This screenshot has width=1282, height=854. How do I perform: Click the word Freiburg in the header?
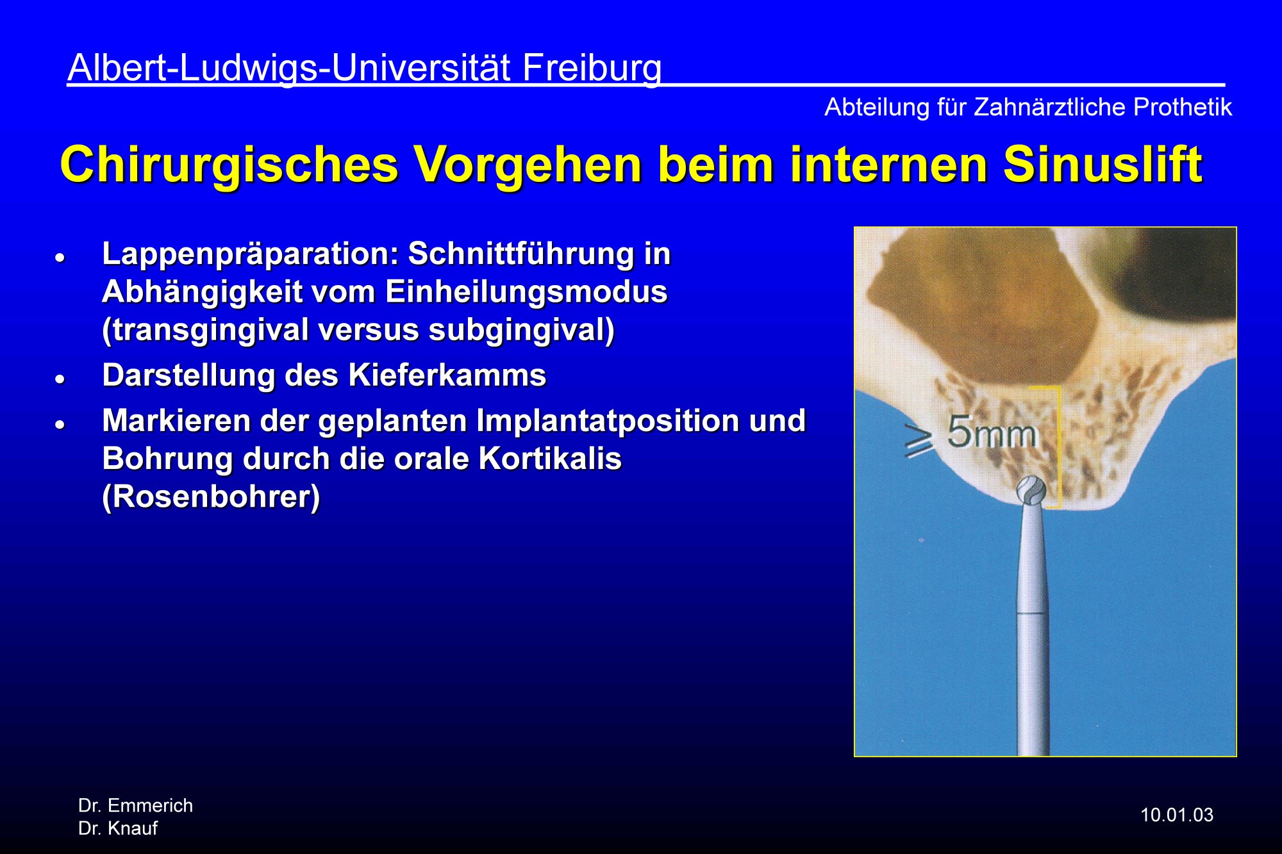(592, 69)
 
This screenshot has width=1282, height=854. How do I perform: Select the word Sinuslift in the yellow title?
(1103, 165)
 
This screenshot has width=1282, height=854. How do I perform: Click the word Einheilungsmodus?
(526, 292)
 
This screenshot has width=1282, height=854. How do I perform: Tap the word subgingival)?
(521, 331)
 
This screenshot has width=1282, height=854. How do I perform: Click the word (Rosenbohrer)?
(211, 497)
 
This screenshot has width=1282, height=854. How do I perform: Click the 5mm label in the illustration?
(992, 432)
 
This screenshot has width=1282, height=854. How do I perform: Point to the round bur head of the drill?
(1031, 491)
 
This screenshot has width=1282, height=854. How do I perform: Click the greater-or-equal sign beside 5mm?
(918, 439)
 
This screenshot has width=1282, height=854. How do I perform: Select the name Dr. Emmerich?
(135, 805)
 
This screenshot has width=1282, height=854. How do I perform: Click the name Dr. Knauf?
(118, 828)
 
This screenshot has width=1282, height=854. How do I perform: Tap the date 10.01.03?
(1177, 815)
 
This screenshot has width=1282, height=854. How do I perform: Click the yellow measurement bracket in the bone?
(1057, 447)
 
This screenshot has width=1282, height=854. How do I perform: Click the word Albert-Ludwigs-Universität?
(289, 69)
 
